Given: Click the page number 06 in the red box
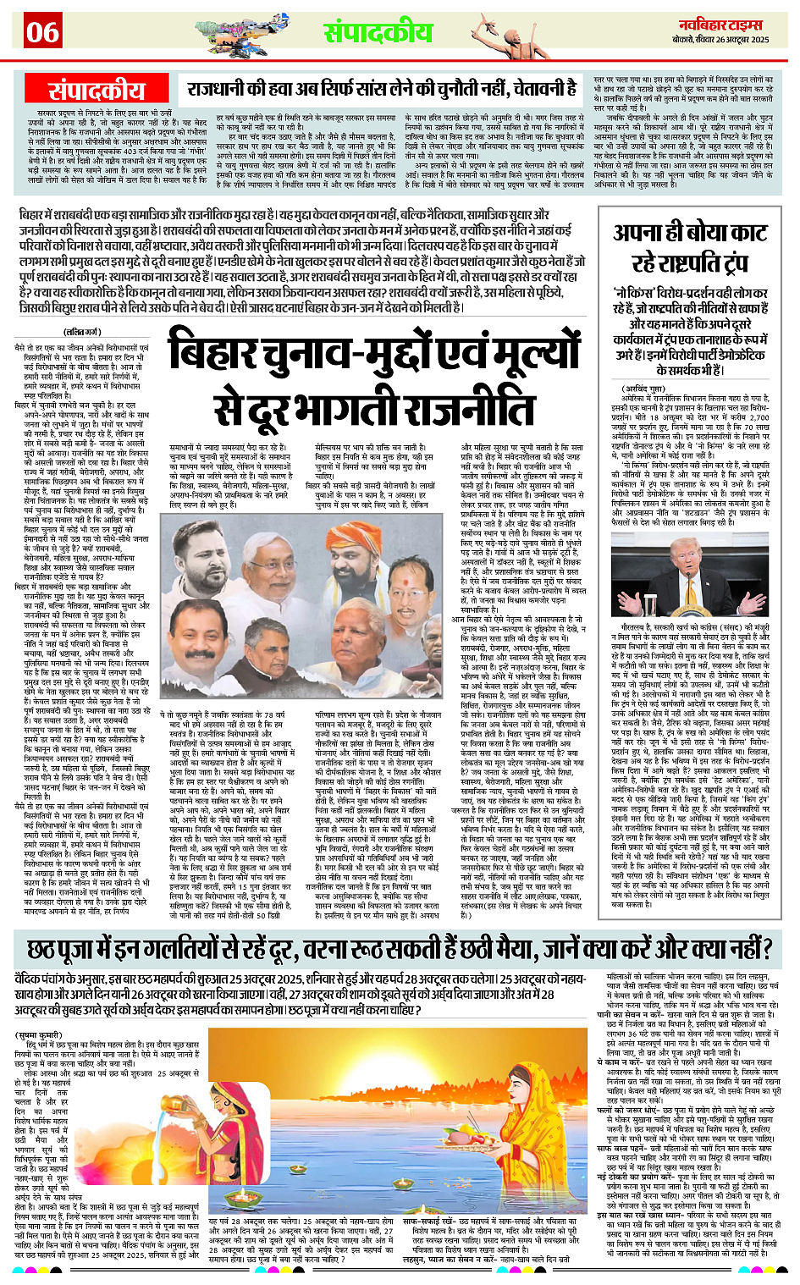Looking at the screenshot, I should click(41, 32).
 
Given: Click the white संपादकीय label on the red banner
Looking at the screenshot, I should click(97, 91).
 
